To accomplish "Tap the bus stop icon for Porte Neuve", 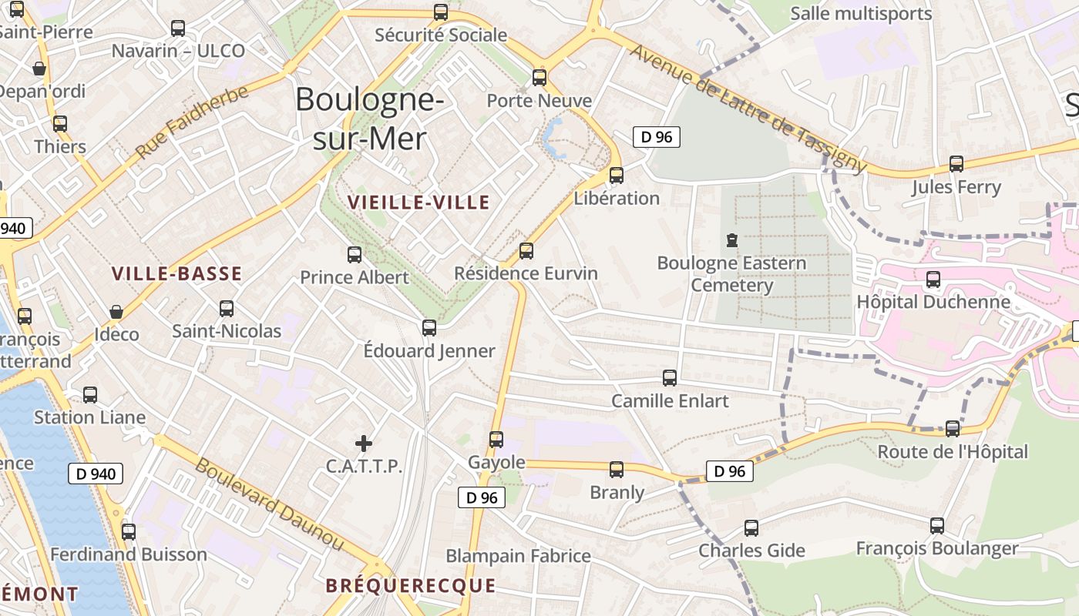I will coord(539,78).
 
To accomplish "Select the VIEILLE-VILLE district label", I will coord(418,203).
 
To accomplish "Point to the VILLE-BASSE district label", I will coord(176,273).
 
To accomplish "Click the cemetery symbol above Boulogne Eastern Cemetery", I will coord(731,240).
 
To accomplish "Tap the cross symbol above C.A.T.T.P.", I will coord(364,444).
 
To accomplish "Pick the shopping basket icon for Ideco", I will coord(116,312).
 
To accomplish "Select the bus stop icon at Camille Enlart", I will coord(670,378).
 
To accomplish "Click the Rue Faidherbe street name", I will coord(192,122).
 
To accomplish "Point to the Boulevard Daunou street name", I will coord(269,504).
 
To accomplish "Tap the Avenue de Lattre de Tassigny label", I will coord(748,108).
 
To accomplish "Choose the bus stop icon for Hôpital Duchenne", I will coord(933,280).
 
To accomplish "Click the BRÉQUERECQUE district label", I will coord(410,585).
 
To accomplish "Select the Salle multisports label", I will coord(861,13).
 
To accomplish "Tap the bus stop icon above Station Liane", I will coord(90,395).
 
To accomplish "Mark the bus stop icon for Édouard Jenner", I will coord(429,328).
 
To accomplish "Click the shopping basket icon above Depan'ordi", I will coord(39,69).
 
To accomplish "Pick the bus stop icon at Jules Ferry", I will coord(956,164).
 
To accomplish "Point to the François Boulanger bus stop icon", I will coord(937,526).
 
